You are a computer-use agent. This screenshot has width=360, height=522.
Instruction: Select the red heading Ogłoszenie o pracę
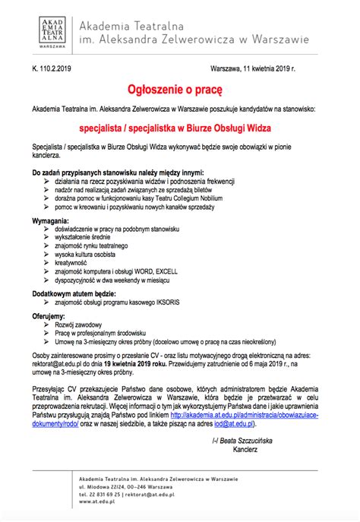click(x=179, y=90)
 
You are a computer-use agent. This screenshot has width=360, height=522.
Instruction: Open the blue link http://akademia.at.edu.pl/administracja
click(x=248, y=414)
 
